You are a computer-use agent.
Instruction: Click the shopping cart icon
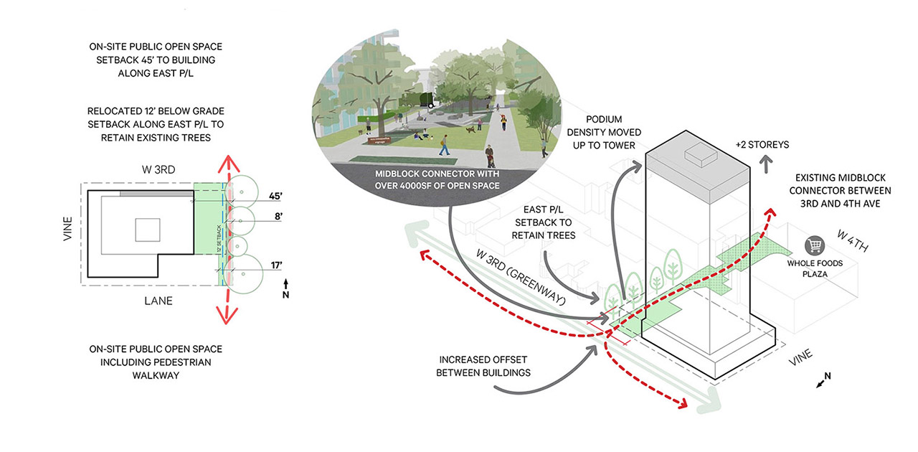pos(813,245)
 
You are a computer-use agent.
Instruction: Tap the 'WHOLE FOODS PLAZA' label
pos(815,268)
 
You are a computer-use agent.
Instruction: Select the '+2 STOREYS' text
pos(761,145)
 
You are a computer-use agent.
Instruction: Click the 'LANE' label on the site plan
pos(158,301)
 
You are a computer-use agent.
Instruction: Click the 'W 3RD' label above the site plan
pos(160,169)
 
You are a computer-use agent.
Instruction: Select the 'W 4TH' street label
pos(853,242)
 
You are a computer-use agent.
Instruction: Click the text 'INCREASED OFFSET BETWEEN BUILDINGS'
pos(485,366)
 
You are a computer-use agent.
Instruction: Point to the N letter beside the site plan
pos(287,294)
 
